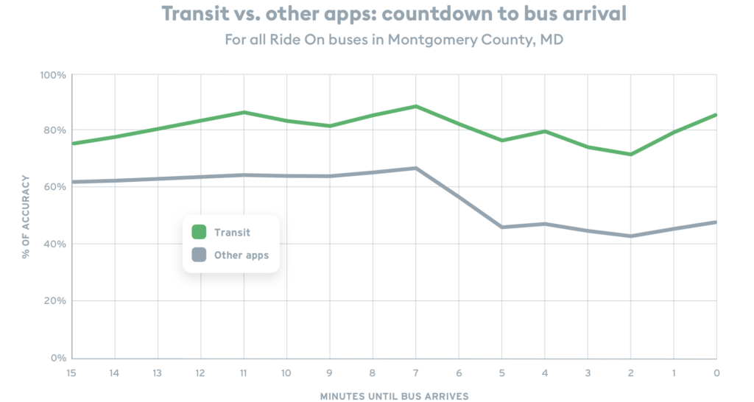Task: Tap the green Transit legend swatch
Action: (x=199, y=232)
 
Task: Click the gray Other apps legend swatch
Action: (x=199, y=255)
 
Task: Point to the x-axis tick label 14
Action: (x=113, y=373)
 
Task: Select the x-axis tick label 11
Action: (x=243, y=373)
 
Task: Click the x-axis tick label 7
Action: (x=415, y=373)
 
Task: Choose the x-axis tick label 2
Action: (x=631, y=373)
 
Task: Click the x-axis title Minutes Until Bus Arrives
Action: (x=394, y=395)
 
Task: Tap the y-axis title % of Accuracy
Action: (x=26, y=216)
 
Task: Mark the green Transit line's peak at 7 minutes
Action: (x=416, y=107)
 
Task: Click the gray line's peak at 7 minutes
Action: (x=416, y=168)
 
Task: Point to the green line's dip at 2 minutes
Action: (x=630, y=155)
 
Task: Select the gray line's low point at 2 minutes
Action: (x=630, y=236)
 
